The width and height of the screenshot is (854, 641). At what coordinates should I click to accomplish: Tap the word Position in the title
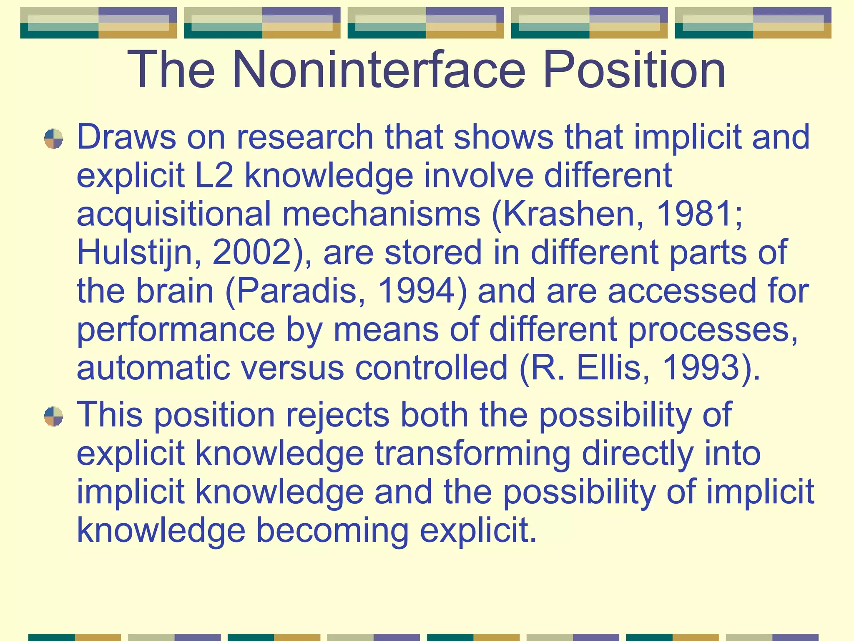[634, 70]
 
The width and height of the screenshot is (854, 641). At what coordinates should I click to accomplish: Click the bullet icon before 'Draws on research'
[53, 139]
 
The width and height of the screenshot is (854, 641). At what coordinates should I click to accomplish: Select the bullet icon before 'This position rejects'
[53, 416]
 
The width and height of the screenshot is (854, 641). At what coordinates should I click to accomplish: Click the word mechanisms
[381, 214]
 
